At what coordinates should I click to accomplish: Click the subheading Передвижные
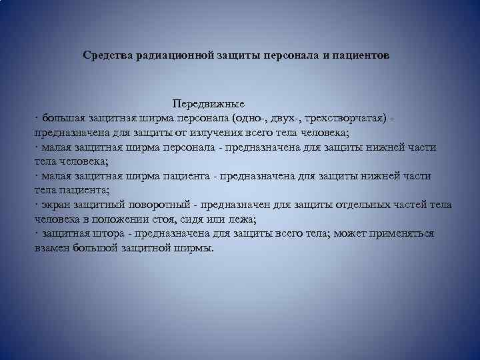tap(209, 104)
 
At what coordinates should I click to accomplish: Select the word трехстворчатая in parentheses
tap(346, 119)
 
